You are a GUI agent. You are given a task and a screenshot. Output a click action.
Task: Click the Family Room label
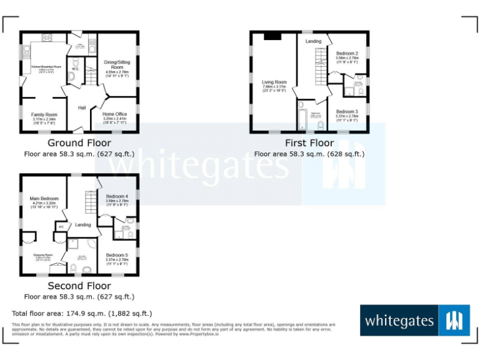pos(44,115)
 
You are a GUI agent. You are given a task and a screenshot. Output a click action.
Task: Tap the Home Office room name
pos(114,114)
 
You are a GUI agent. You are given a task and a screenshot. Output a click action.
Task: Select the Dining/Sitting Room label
pos(117,64)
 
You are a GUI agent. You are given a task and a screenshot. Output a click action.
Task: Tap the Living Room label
pos(274,82)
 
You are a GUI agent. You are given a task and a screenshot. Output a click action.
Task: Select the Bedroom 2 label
pos(346,54)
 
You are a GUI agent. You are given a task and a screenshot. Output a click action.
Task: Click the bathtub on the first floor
pos(303,116)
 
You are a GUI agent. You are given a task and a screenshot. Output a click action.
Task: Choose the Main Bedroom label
pos(44,199)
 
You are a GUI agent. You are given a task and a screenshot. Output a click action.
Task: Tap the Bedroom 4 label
pos(117,196)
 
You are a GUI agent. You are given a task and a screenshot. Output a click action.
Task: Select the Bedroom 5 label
pos(117,255)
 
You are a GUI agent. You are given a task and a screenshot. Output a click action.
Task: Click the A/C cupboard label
pos(61,226)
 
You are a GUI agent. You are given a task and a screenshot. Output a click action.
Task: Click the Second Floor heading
pos(79,286)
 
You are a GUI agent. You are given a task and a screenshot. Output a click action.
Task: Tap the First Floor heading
pos(309,143)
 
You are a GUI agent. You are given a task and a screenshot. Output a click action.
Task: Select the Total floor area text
pos(82,313)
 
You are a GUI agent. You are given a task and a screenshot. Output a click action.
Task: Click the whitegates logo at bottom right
pos(414,321)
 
